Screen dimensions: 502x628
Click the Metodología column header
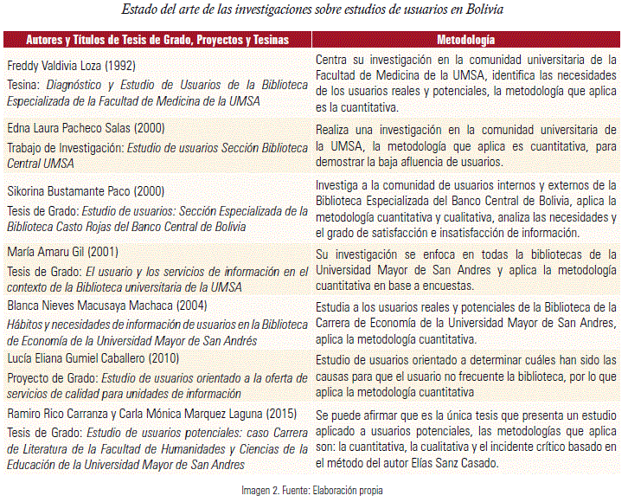coord(466,40)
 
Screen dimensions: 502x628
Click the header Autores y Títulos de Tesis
coord(157,40)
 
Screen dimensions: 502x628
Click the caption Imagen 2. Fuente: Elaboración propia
coord(311,490)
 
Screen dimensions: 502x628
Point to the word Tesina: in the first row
coord(24,86)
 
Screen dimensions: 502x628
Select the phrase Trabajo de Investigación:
coord(65,148)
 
